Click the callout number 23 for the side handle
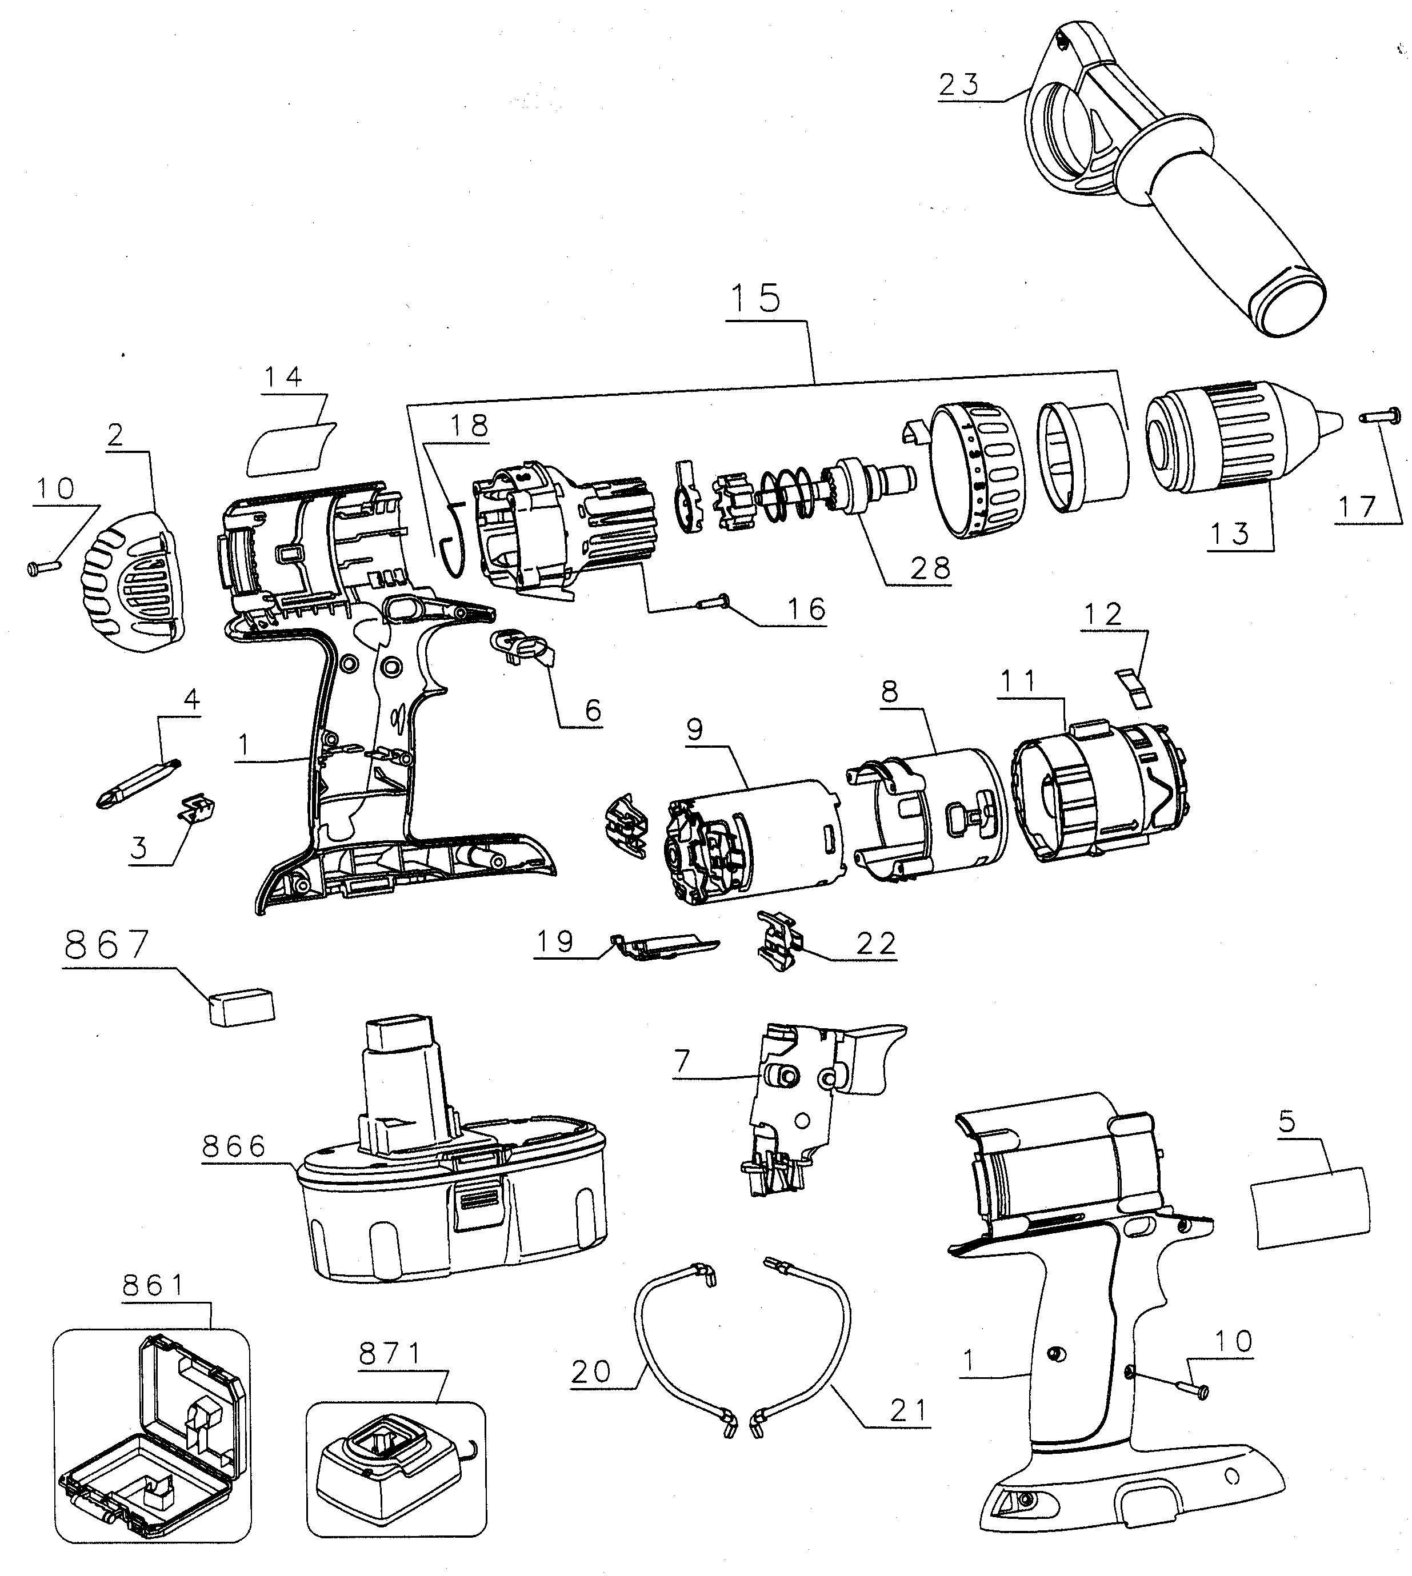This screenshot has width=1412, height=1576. [x=959, y=85]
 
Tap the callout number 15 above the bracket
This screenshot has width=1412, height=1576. [x=757, y=299]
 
